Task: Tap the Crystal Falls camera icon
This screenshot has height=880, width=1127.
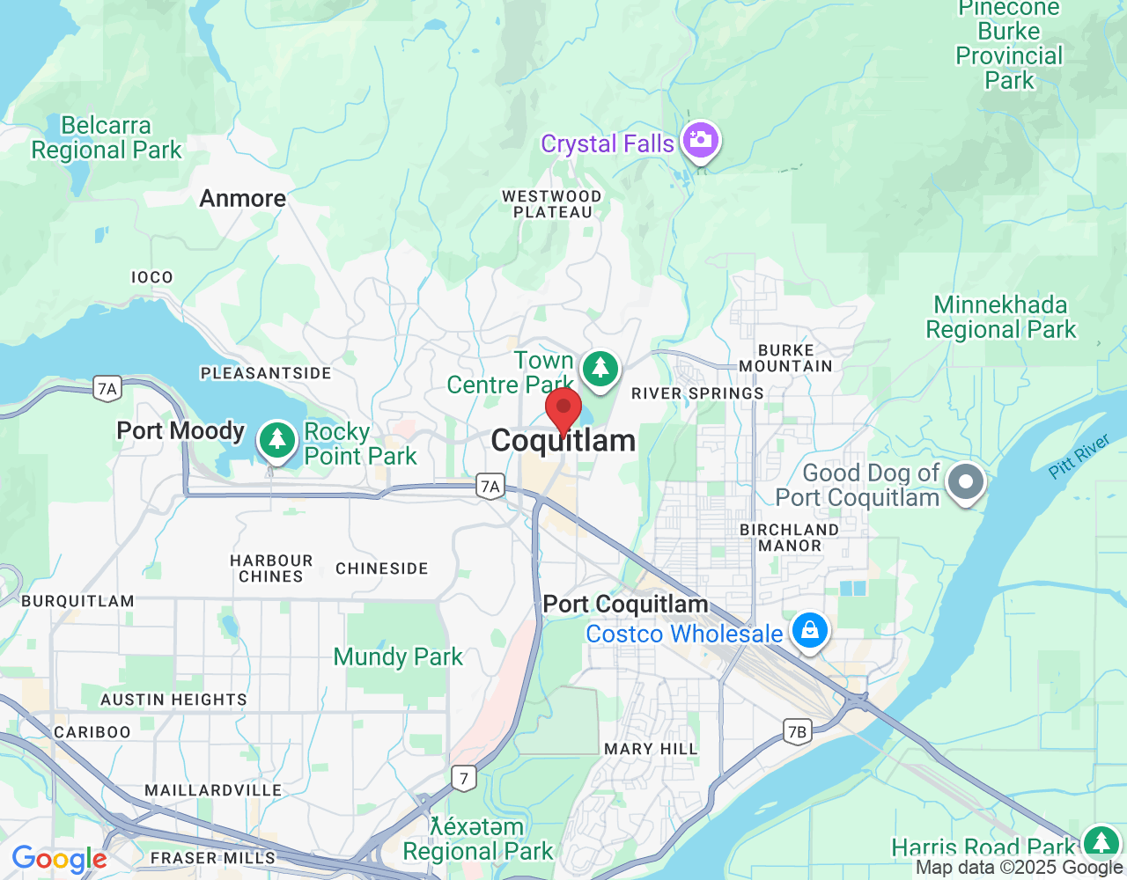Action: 700,140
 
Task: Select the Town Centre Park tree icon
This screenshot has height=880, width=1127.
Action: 600,368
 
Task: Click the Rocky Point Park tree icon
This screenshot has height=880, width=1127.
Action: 277,438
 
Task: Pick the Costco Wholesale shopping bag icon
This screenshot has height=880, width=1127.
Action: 809,630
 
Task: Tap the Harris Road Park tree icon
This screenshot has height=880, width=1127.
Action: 1100,842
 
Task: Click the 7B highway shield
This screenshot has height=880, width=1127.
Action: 797,731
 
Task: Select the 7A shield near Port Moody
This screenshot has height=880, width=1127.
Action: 107,388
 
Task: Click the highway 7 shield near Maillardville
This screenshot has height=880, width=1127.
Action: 464,778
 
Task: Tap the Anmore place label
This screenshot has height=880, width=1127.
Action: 243,199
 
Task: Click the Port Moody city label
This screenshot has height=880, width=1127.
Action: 180,430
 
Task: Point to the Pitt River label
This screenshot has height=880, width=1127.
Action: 1079,458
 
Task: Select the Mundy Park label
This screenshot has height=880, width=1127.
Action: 398,656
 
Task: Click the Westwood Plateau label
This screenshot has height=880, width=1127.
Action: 552,204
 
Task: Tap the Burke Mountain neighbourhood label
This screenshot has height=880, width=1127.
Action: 785,358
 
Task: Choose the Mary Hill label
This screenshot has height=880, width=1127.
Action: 651,749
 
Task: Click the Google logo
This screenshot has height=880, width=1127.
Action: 59,859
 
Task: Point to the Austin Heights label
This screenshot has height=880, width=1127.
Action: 173,700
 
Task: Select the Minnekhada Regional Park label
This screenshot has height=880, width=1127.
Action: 1001,318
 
